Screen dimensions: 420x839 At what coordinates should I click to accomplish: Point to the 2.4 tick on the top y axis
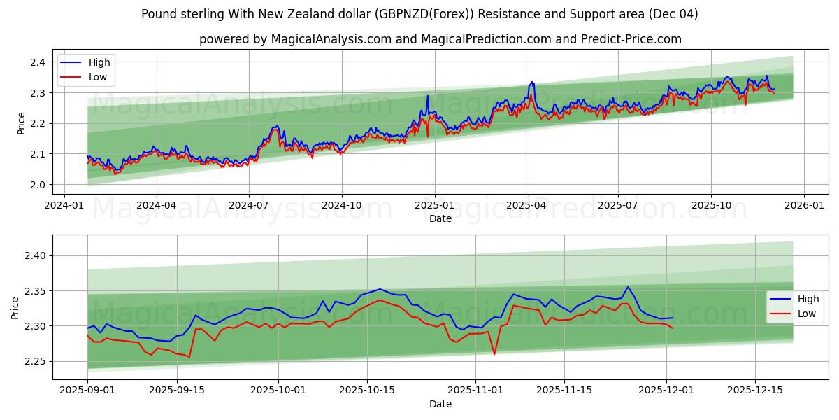[37, 62]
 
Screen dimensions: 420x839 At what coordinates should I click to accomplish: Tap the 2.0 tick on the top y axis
[37, 185]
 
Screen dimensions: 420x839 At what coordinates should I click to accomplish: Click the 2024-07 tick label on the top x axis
[249, 206]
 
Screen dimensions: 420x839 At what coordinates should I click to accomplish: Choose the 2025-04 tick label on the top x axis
[526, 206]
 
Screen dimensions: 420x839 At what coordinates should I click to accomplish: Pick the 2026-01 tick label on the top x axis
[803, 206]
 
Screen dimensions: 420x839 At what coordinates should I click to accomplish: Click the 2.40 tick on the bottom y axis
[34, 256]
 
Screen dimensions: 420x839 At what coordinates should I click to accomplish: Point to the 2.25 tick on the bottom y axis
[34, 361]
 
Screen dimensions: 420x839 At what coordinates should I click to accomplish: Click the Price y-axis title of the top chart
[21, 123]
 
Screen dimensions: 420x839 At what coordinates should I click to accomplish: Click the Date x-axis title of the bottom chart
[440, 404]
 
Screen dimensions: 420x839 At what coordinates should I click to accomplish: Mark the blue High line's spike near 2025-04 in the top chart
[532, 82]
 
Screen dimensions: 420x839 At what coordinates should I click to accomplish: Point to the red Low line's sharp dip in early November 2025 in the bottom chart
[494, 353]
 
